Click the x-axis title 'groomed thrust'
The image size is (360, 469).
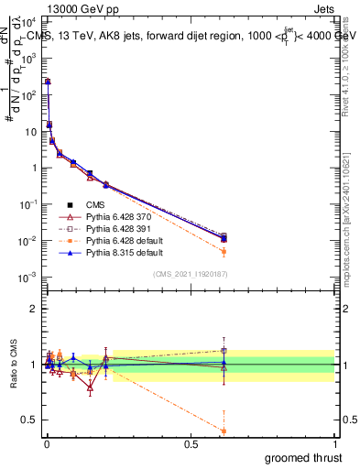click(x=304, y=456)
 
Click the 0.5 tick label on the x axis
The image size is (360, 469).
click(x=190, y=444)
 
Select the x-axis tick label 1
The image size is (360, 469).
click(x=335, y=444)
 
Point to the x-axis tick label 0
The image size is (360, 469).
click(x=46, y=444)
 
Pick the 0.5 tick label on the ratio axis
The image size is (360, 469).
click(x=28, y=420)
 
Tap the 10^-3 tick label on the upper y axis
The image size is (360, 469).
click(x=27, y=277)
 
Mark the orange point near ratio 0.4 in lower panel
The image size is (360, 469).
click(x=224, y=431)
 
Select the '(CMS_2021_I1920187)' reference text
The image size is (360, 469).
click(x=190, y=273)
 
